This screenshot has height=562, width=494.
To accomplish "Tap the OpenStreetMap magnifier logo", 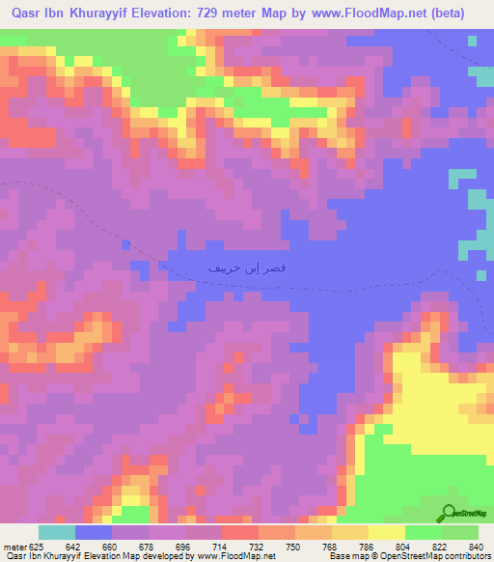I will point(451,514).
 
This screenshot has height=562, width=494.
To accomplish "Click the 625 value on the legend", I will point(37,546).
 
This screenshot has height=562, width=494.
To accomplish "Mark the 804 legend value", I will point(404,546).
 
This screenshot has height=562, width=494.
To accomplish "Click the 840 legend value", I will point(475,546).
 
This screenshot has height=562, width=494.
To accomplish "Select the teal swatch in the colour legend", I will point(57,532).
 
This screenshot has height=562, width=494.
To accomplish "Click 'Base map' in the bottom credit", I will point(344,556).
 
